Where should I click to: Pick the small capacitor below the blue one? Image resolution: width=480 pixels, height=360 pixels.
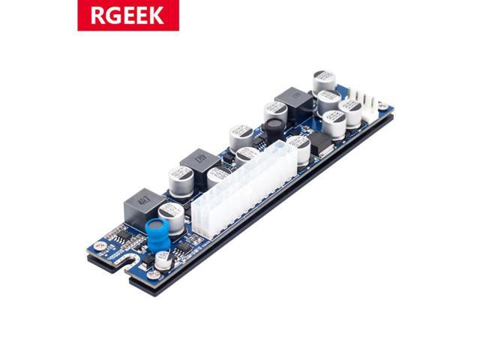163,260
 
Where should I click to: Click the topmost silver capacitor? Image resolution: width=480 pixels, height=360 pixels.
324,80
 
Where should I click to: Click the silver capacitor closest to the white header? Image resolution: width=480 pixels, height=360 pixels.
351,113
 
